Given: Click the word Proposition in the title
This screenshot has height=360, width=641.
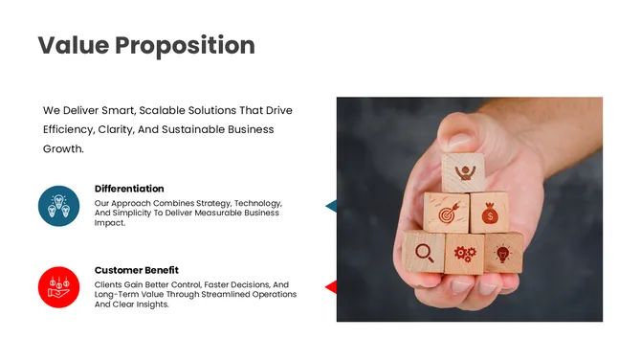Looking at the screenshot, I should tap(185, 45).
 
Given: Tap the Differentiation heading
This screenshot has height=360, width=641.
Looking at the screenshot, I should tap(129, 189).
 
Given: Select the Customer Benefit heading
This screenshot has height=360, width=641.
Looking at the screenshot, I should tap(136, 270).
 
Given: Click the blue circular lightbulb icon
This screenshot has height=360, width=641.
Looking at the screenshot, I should tap(58, 206).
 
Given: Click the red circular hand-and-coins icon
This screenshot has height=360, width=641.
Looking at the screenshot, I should tap(58, 287).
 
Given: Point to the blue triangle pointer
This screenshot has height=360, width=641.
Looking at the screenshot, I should tap(331, 206).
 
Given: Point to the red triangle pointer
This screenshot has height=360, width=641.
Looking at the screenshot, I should tap(331, 287).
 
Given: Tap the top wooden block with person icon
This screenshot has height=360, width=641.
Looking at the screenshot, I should tap(464, 172).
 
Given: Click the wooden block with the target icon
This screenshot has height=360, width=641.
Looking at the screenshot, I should tap(446, 214).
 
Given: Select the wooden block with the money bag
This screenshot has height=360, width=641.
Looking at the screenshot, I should tap(489, 213).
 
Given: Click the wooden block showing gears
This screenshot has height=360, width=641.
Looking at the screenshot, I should tap(464, 254).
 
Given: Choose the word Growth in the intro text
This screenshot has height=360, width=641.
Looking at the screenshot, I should tap(63, 149).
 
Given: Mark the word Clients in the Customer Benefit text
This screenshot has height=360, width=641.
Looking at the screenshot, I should tap(109, 284).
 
